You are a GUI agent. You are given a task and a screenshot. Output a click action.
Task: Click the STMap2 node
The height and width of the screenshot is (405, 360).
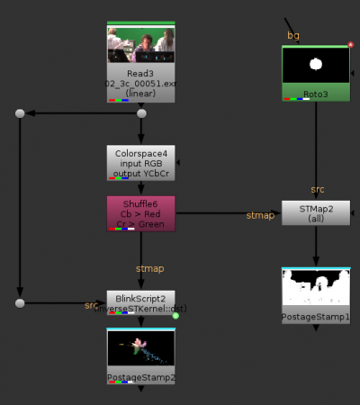click(315, 211)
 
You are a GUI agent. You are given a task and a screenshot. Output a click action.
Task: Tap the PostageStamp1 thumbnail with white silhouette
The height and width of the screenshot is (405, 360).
click(315, 288)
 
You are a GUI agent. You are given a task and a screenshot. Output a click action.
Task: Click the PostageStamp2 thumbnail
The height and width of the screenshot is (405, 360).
click(140, 349)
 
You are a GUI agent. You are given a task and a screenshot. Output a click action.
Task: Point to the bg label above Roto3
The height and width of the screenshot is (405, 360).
click(292, 35)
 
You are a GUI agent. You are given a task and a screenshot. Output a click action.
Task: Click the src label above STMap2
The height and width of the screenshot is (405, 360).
click(318, 190)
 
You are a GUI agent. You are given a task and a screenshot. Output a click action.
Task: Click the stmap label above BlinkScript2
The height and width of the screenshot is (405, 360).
click(149, 267)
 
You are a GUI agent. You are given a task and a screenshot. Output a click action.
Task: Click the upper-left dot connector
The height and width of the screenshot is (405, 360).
click(19, 113)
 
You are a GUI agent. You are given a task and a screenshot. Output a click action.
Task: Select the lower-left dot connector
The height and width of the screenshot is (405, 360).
click(19, 302)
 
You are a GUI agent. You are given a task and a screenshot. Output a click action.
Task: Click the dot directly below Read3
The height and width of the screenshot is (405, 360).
click(140, 113)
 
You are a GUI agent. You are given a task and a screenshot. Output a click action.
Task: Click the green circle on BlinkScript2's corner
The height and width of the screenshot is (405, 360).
click(175, 315)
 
